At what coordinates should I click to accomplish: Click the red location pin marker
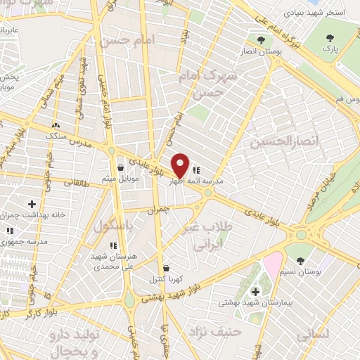181,165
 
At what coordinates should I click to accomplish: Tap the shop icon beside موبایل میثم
121,167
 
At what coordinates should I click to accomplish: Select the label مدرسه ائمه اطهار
196,181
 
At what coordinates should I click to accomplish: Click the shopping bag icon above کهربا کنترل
166,268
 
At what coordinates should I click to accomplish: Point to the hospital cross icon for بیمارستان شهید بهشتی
255,290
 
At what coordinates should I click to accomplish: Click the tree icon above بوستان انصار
261,40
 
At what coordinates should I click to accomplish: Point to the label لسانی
312,335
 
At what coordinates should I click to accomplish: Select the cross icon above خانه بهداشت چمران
32,204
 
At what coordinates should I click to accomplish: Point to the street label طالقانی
74,181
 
